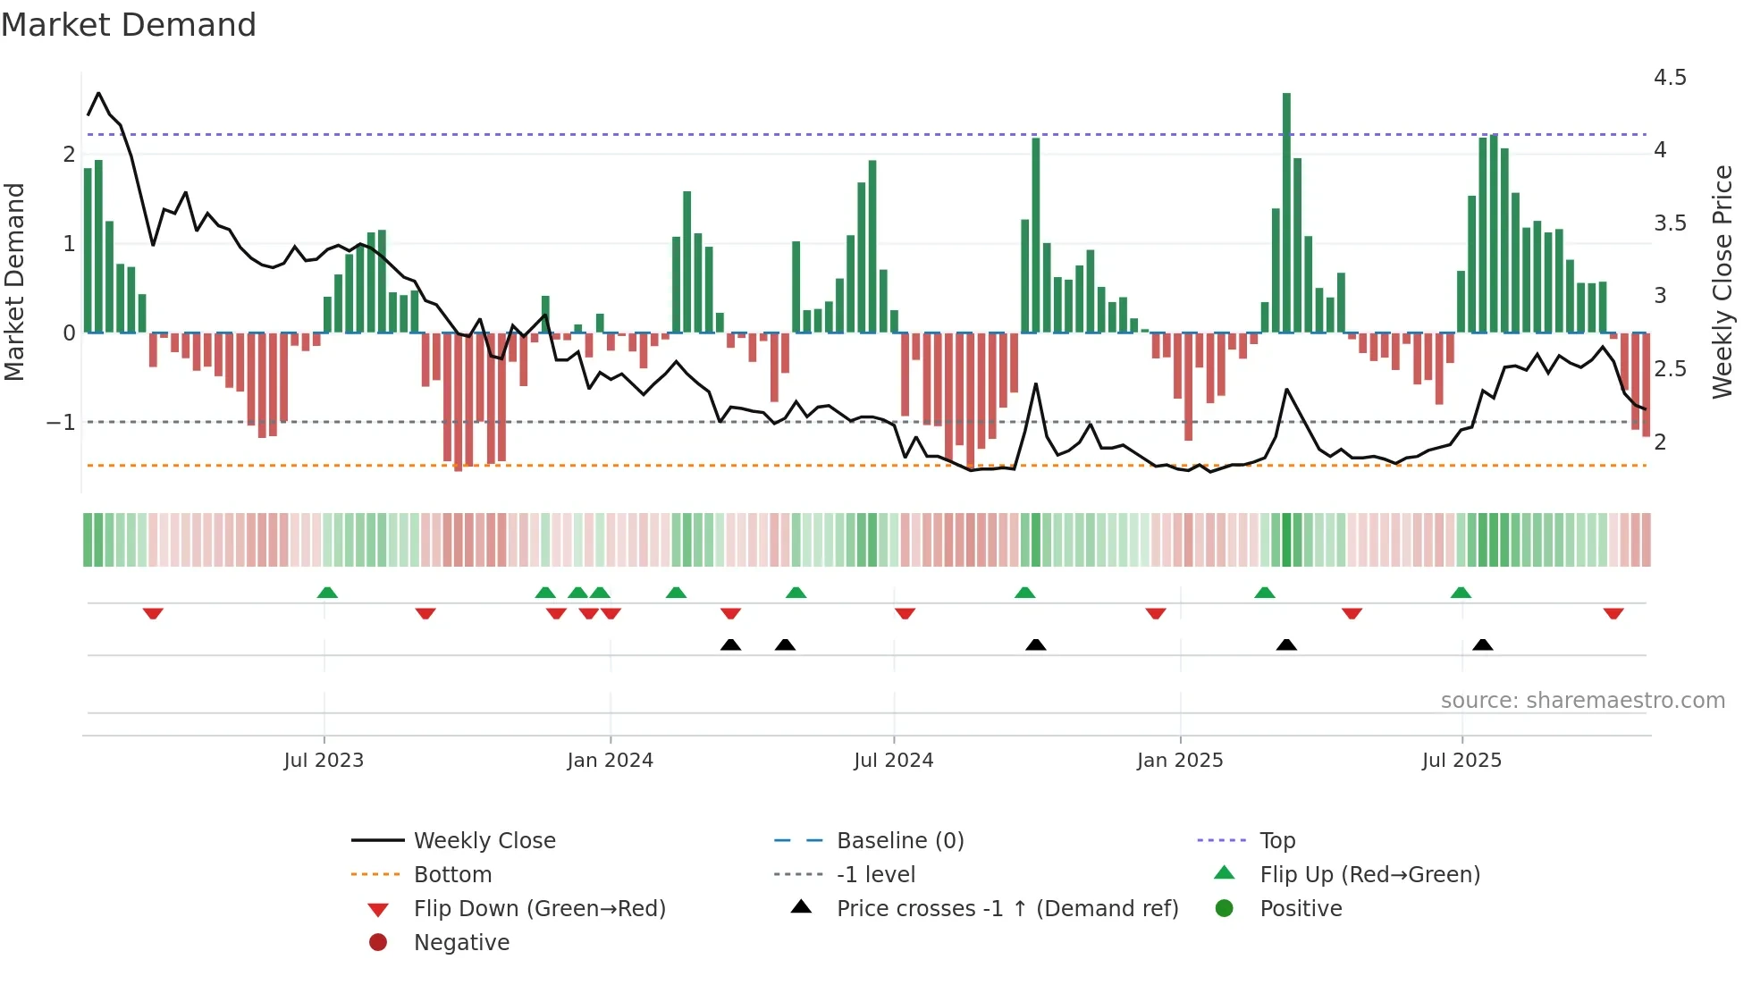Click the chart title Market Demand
pos(129,25)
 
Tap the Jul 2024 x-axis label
pos(893,761)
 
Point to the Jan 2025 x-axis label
pos(1180,761)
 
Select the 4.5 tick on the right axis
pos(1669,78)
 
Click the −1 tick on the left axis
pos(62,422)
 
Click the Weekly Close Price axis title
pos(1722,282)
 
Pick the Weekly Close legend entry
pos(484,840)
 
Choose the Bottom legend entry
pos(452,874)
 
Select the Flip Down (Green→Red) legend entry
pos(539,908)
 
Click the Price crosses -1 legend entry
pos(1007,908)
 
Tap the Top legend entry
pos(1277,840)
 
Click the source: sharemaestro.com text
pos(1582,700)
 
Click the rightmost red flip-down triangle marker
pos(1613,613)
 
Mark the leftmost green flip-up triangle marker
pos(327,593)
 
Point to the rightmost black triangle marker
pos(1483,644)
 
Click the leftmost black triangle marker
pos(730,644)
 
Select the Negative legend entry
pos(461,942)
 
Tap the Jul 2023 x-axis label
pos(324,761)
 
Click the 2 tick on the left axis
pos(69,154)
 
